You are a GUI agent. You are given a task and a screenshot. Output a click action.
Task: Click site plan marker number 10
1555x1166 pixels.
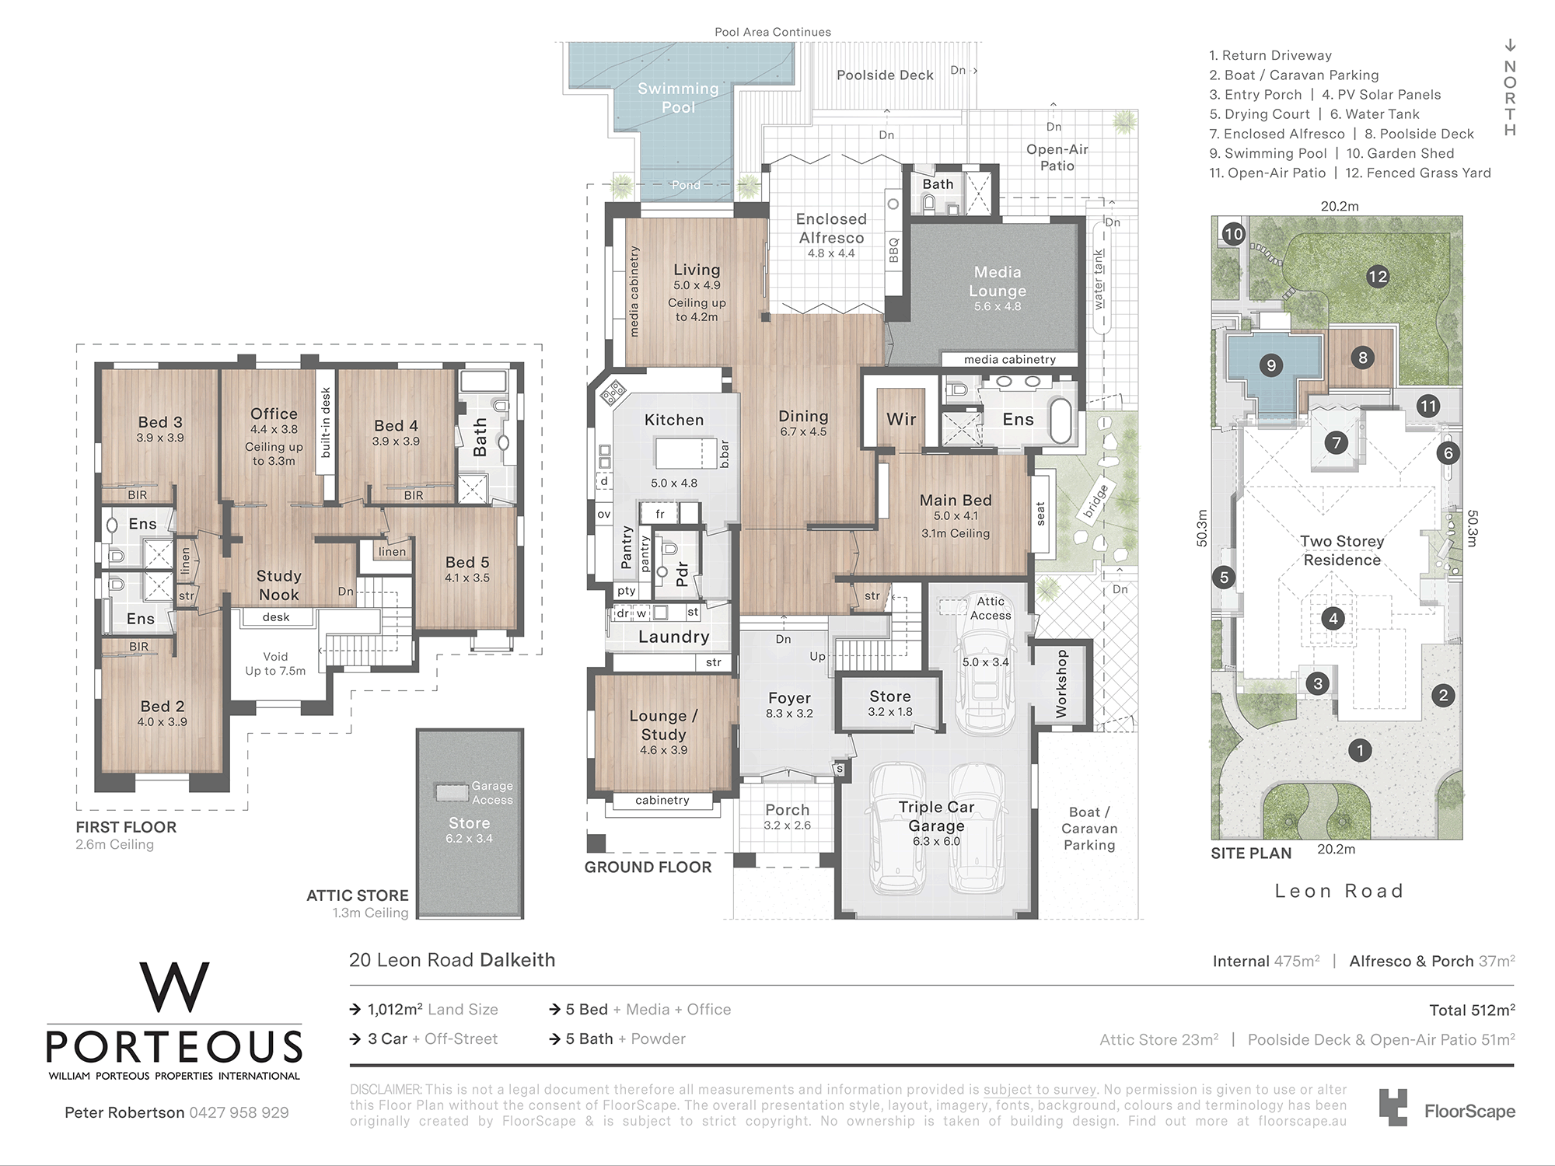(x=1234, y=234)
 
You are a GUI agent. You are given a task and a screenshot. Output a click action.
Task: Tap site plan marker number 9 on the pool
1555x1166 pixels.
(x=1271, y=365)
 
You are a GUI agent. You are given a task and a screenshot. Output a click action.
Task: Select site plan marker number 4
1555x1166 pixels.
(x=1333, y=619)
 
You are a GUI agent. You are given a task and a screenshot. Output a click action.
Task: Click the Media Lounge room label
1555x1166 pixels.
(x=998, y=281)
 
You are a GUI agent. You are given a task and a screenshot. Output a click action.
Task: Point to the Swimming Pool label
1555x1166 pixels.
(x=678, y=98)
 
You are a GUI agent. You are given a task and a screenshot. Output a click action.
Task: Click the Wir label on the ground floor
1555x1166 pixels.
(x=901, y=419)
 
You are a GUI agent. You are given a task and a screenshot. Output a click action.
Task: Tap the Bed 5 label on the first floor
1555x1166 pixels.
(x=467, y=562)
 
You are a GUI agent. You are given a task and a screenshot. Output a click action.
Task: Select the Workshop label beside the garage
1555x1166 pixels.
(x=1061, y=684)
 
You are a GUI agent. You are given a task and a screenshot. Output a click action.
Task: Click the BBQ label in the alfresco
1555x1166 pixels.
(x=893, y=250)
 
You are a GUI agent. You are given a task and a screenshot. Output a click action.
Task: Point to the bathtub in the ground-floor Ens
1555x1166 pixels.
(x=1061, y=421)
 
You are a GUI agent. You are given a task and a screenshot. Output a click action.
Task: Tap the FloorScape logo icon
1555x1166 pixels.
(x=1393, y=1107)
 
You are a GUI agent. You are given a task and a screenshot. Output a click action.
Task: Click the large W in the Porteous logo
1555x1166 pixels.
(x=174, y=987)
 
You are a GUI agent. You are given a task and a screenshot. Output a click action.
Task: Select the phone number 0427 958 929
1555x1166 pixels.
(x=239, y=1112)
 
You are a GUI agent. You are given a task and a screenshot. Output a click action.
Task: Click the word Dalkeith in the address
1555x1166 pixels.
(x=517, y=960)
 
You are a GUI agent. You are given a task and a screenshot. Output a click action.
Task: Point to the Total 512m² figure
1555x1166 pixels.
(x=1472, y=1010)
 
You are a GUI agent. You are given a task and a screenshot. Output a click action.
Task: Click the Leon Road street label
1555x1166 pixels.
(x=1339, y=891)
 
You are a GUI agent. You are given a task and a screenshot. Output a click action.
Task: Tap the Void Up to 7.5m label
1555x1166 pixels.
(x=275, y=664)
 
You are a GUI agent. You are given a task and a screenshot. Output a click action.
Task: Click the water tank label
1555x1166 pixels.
(x=1099, y=279)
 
